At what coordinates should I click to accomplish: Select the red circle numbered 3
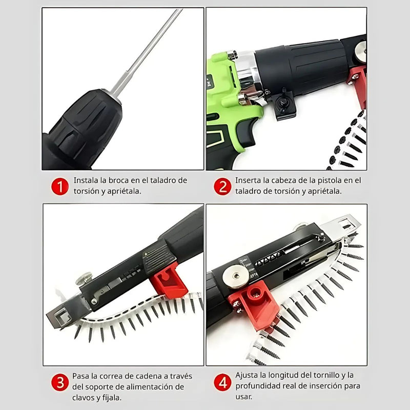[x=59, y=382]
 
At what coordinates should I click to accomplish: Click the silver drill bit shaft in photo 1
[x=149, y=51]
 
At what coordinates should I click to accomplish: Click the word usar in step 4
[x=244, y=397]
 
